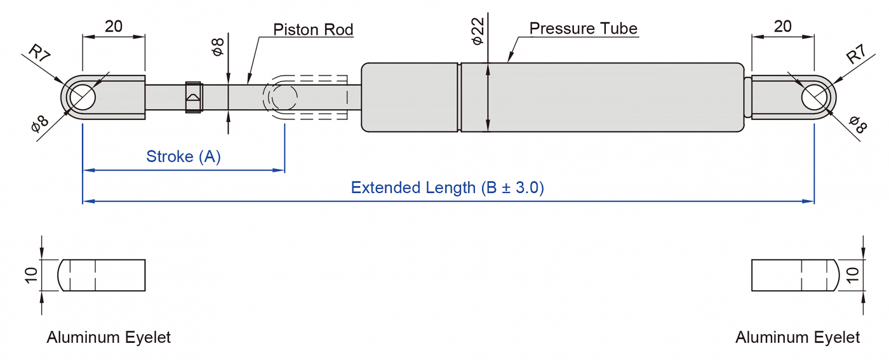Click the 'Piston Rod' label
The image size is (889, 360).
[x=313, y=29]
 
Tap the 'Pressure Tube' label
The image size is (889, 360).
[x=583, y=29]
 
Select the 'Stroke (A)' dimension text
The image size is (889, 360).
[x=184, y=156]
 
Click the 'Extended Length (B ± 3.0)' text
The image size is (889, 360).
[x=447, y=188]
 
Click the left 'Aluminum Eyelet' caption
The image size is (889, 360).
[x=109, y=337]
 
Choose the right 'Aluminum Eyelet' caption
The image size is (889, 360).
[x=798, y=337]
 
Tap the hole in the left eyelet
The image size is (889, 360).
[x=83, y=98]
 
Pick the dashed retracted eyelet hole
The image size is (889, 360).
[x=284, y=98]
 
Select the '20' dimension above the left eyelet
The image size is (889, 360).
[x=114, y=26]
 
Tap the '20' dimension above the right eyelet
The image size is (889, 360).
[x=783, y=26]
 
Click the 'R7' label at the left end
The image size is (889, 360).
[x=40, y=53]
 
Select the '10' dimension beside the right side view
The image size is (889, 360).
[x=853, y=275]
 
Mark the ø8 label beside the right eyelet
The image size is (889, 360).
[x=857, y=124]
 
